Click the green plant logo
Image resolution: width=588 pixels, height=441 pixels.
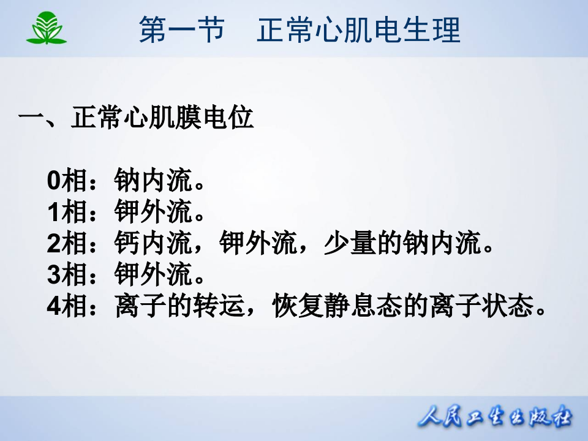tap(47, 28)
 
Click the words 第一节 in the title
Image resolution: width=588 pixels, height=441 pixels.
tap(181, 30)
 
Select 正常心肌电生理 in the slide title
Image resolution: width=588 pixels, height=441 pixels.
tap(358, 30)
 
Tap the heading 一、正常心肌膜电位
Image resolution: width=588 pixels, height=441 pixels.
tap(136, 118)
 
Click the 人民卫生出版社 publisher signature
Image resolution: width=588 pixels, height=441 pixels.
tap(495, 418)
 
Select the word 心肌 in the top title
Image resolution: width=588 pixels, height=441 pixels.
tap(344, 30)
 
